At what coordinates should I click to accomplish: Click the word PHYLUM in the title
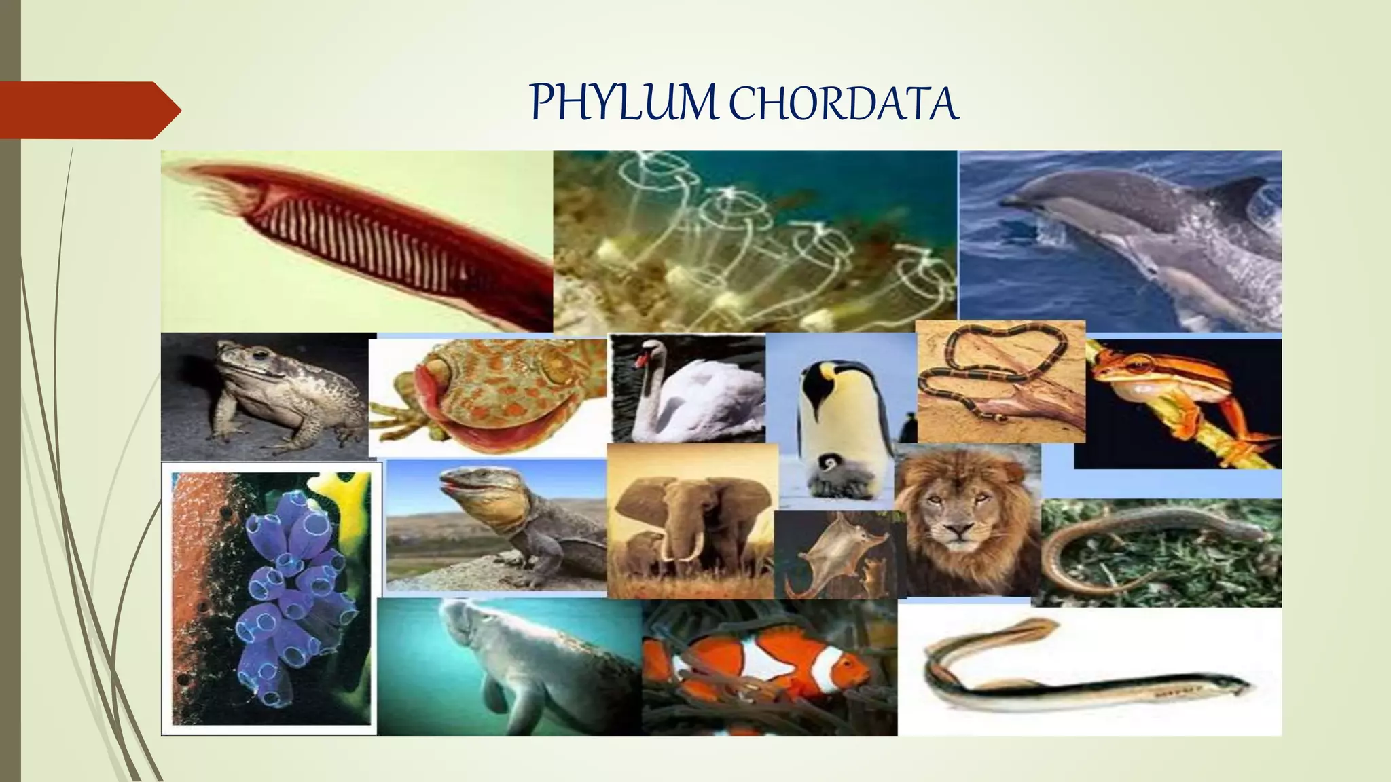(x=623, y=104)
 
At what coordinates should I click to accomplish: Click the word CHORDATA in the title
(x=845, y=105)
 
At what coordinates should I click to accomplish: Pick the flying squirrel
(x=834, y=550)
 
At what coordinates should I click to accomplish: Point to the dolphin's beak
(x=1012, y=200)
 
